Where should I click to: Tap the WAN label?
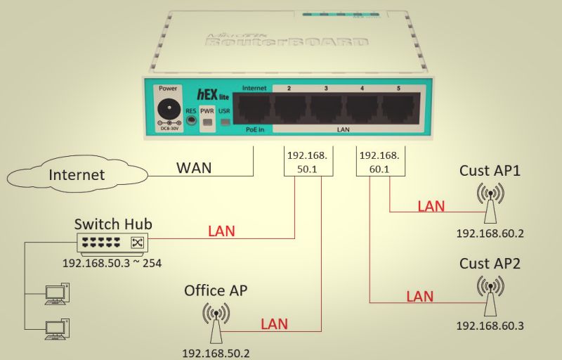193,169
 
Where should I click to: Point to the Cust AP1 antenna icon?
490,200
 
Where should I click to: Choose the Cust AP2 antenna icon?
490,293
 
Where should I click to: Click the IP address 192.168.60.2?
490,233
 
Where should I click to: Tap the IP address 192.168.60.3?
490,326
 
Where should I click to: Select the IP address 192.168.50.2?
216,352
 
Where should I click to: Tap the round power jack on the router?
168,110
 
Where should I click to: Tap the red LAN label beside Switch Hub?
221,231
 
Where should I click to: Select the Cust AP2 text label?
490,264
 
